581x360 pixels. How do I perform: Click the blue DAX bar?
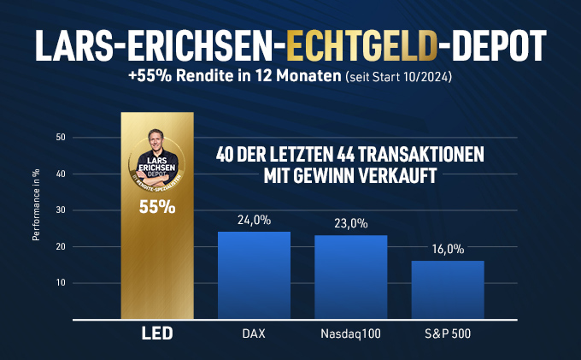(x=254, y=274)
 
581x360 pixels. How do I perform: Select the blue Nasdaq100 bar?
(x=350, y=276)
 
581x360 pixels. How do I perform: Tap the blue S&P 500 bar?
(x=447, y=289)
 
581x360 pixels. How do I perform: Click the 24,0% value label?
(x=254, y=220)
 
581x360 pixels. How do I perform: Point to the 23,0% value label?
(x=350, y=224)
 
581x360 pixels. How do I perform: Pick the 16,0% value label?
(x=447, y=250)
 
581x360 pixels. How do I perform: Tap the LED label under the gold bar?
(x=156, y=333)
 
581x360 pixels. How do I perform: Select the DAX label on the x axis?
(x=254, y=333)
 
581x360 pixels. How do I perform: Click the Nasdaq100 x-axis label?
(x=350, y=333)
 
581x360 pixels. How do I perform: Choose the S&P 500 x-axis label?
(x=447, y=333)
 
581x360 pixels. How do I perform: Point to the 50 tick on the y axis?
(x=60, y=138)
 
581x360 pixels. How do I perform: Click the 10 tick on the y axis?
(x=60, y=283)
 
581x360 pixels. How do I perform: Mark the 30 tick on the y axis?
(x=60, y=210)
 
